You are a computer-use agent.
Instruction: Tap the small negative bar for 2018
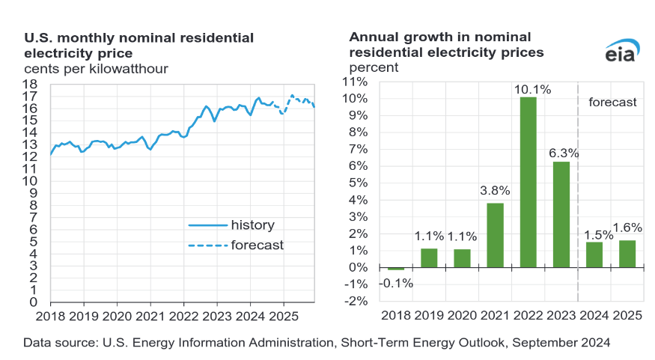point(396,269)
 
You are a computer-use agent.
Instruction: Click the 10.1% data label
point(532,89)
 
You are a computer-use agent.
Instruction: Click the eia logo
point(620,52)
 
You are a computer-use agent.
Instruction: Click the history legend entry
point(252,225)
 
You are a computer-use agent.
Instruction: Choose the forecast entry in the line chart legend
point(257,245)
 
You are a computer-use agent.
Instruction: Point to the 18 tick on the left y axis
point(31,84)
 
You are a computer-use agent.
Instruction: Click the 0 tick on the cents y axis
point(34,302)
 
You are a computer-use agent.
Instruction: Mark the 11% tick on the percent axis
point(356,82)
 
